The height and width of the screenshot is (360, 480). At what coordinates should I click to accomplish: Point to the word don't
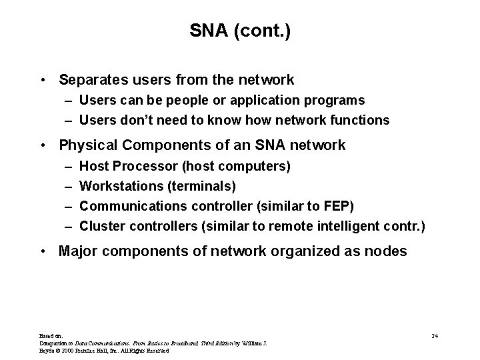point(134,121)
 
